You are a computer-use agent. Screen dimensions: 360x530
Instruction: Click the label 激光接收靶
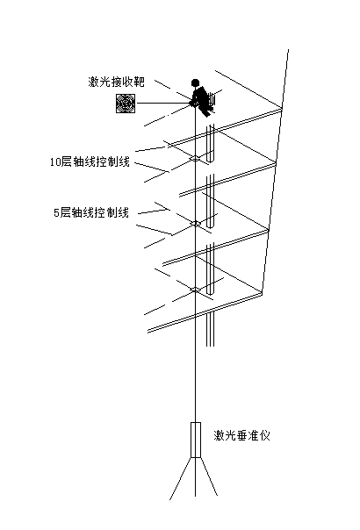click(117, 82)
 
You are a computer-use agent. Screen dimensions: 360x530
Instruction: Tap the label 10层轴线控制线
click(90, 162)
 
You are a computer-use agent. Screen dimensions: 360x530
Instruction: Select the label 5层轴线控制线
click(91, 213)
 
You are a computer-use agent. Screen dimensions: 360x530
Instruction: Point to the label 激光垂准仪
click(242, 435)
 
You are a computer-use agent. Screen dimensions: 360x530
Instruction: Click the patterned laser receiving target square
click(126, 104)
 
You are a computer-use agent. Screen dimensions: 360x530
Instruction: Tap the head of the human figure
click(195, 82)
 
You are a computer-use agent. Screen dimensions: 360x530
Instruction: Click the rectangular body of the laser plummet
click(196, 440)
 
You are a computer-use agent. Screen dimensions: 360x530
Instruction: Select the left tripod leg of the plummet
click(181, 478)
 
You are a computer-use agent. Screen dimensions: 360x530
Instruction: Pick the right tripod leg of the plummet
click(208, 476)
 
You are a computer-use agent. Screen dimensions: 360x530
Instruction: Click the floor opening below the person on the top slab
click(195, 158)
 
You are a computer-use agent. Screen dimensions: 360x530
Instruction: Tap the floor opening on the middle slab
click(195, 223)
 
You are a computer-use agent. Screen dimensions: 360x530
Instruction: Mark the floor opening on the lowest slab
click(195, 290)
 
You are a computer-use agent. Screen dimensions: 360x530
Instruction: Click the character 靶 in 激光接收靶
click(140, 82)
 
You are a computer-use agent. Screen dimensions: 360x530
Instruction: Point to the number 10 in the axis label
click(55, 162)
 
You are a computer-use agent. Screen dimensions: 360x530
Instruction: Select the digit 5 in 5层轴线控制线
click(56, 213)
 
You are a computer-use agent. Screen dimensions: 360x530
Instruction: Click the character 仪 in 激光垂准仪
click(265, 435)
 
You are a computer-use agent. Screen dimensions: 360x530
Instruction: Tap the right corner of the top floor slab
click(282, 109)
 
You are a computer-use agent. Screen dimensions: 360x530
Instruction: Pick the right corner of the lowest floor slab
click(263, 293)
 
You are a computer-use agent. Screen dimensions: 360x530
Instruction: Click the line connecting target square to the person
click(164, 103)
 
